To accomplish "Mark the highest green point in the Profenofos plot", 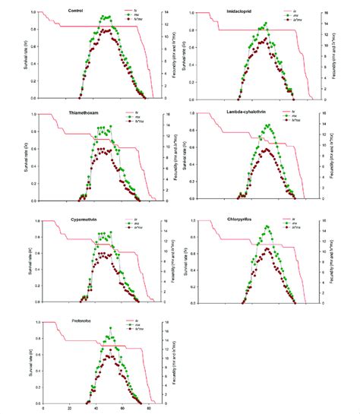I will pyautogui.click(x=111, y=329).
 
